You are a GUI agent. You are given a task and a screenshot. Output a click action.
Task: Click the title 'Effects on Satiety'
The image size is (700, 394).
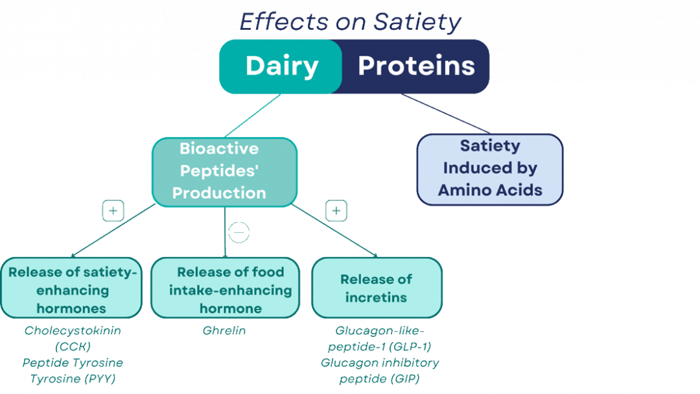coord(351,22)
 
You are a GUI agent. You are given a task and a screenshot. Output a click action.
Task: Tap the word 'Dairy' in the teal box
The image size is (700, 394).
coord(282,66)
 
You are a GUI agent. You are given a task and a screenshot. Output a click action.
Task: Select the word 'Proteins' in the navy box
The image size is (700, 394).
coord(416,66)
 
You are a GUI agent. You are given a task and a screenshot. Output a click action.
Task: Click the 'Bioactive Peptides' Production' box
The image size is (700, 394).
coord(224,172)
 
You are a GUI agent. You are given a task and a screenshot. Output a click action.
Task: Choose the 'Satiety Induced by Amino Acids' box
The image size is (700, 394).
coord(490,169)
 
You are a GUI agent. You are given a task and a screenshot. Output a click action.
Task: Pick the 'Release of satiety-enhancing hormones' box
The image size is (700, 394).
coord(71,288)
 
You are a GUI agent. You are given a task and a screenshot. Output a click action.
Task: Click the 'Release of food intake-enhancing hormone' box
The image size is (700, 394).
coord(226,288)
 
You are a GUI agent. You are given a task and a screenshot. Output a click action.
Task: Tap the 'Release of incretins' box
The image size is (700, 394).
coord(377,288)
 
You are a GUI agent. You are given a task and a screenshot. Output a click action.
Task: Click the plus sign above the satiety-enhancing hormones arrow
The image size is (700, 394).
coord(113,211)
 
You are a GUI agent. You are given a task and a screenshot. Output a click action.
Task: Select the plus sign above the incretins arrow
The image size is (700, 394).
coord(336,211)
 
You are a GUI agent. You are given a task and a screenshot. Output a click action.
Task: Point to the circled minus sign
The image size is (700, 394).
coord(239,232)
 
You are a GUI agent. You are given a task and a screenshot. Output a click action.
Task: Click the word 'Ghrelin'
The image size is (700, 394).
coord(224,330)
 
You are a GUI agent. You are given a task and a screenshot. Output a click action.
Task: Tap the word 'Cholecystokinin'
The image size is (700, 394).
coord(73,330)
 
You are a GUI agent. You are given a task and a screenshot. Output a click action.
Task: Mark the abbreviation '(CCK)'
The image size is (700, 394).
coord(73,347)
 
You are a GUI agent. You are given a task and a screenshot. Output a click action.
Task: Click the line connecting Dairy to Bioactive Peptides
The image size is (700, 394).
coord(252,116)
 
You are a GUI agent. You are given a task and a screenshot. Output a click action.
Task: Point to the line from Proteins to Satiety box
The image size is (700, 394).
coord(445,114)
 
